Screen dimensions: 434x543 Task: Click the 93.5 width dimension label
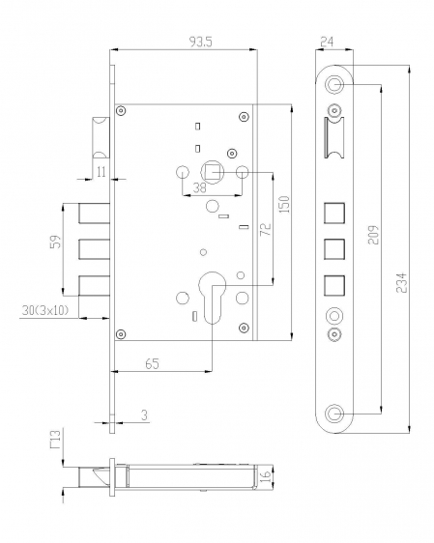coord(200,42)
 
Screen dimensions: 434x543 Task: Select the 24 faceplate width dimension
coord(327,42)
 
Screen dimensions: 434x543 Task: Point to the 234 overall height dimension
coord(401,283)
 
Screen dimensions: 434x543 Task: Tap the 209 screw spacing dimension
coord(374,235)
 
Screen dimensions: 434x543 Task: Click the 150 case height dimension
coord(284,204)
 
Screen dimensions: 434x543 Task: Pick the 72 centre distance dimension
coord(266,229)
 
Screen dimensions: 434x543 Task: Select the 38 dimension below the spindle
coord(199,188)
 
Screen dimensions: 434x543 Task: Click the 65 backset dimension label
coord(152,364)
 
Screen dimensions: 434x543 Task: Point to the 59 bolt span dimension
coord(55,242)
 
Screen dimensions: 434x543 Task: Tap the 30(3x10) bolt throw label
coord(45,310)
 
